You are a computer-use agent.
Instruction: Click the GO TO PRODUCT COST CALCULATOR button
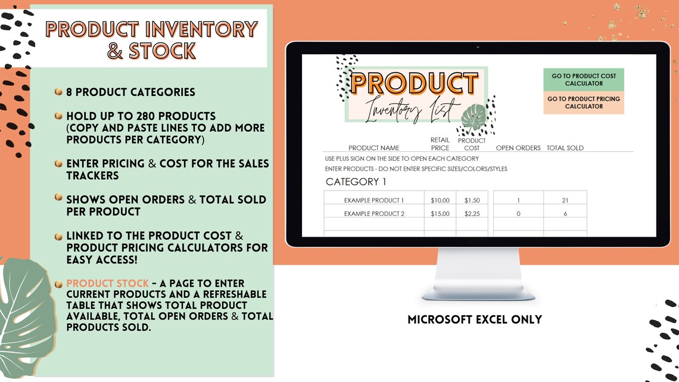[583, 80]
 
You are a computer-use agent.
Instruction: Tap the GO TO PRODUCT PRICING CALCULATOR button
[583, 103]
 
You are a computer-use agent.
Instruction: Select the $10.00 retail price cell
[440, 200]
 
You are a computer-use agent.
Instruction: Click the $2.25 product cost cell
[472, 214]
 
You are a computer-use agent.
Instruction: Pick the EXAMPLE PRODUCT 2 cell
[373, 214]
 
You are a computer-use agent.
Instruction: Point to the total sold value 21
[565, 200]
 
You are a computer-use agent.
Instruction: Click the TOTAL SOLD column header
[565, 148]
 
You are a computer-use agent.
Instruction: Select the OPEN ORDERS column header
[518, 148]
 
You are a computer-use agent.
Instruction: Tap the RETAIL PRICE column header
[440, 144]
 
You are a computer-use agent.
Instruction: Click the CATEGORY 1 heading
[356, 182]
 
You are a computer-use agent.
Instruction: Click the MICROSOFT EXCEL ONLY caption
[475, 319]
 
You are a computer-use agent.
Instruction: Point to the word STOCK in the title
[162, 51]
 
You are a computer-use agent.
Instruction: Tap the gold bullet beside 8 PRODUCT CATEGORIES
[58, 92]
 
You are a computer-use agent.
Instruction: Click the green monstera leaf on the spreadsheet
[474, 118]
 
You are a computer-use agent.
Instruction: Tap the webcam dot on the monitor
[478, 47]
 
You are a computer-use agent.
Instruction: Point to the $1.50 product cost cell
[472, 200]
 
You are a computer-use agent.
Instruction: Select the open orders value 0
[518, 214]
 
